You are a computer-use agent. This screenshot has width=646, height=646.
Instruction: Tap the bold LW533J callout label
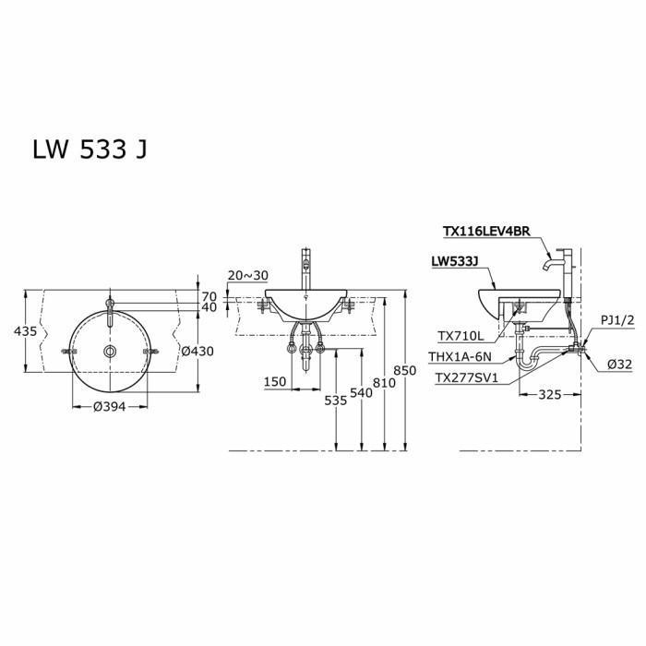(x=456, y=261)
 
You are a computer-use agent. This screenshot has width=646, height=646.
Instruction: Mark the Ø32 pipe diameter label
(x=618, y=365)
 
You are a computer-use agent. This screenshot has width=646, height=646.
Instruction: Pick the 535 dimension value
(x=335, y=401)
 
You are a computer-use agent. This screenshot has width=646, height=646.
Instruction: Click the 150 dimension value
(x=274, y=381)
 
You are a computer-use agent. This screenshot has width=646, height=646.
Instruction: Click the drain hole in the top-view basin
(x=110, y=352)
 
